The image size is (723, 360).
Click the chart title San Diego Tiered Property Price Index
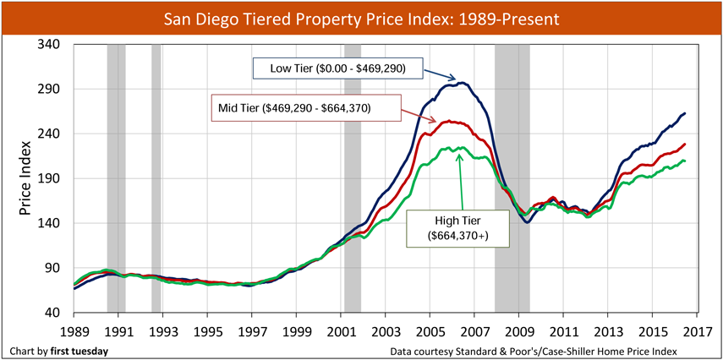coord(361,17)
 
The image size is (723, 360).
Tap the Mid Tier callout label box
coord(293,108)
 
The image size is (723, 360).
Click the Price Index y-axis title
coord(26,178)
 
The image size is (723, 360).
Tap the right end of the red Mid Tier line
coord(684,145)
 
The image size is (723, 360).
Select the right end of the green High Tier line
coord(684,161)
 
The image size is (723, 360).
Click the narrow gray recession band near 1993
coord(156,178)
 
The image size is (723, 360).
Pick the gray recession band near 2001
coord(352,178)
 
